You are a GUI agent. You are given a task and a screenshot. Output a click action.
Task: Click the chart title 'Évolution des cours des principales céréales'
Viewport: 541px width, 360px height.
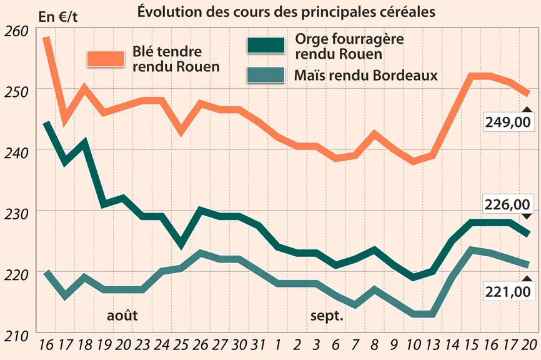click(286, 11)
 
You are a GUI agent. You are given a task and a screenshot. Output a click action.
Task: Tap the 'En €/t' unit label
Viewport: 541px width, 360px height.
click(58, 17)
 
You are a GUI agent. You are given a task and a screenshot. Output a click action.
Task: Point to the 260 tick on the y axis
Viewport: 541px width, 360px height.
click(16, 31)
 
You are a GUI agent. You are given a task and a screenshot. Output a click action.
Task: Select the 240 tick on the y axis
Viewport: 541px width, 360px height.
click(16, 153)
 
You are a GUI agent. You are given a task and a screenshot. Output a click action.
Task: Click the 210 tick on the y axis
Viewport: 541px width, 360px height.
click(16, 336)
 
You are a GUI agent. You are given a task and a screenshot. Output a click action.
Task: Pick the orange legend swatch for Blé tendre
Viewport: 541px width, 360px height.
click(106, 59)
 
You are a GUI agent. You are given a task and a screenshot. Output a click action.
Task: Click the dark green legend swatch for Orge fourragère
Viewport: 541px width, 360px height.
click(266, 45)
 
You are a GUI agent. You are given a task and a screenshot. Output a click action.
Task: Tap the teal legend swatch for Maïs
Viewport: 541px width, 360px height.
click(266, 75)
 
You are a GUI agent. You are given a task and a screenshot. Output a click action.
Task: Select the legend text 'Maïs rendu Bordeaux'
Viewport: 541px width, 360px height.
click(365, 75)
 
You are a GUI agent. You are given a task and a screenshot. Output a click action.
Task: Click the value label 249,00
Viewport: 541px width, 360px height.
click(507, 122)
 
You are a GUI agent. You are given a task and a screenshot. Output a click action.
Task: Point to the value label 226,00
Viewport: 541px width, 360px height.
click(507, 204)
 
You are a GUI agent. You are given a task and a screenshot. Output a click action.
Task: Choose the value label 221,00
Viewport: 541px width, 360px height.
click(507, 292)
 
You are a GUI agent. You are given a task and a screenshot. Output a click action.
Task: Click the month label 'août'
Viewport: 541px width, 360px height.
click(122, 315)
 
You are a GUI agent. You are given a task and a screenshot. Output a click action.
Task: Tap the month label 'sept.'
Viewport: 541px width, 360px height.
click(327, 316)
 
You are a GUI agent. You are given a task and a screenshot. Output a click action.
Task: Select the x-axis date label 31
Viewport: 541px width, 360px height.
click(257, 344)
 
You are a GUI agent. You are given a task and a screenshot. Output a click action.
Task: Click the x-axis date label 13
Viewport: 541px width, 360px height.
click(433, 344)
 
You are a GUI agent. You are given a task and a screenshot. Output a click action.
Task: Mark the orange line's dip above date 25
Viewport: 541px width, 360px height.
click(181, 132)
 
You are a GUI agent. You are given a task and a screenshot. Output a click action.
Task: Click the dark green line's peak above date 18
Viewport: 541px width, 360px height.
click(84, 141)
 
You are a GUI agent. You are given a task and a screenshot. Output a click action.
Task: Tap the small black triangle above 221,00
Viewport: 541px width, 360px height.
click(527, 279)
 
